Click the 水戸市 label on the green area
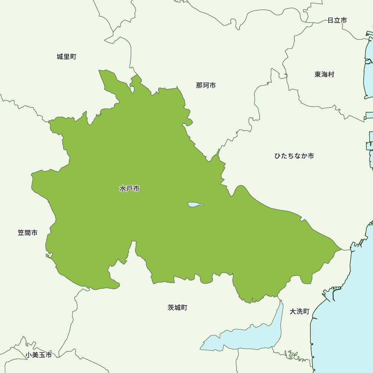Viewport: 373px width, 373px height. click(129, 189)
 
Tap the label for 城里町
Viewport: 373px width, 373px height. click(66, 57)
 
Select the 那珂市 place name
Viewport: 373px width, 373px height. click(206, 85)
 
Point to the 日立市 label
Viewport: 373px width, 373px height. click(337, 20)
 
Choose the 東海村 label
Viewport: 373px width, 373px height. click(324, 75)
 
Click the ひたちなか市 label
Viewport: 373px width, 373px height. click(294, 156)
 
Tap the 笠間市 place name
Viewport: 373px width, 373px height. click(28, 233)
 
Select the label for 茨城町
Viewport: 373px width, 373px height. click(178, 308)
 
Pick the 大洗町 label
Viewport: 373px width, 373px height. click(300, 311)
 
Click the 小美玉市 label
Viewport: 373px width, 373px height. click(39, 355)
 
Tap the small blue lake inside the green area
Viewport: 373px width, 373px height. click(195, 204)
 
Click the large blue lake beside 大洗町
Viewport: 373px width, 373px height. click(246, 338)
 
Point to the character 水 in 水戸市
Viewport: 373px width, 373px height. click(123, 189)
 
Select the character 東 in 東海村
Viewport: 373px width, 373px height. click(318, 75)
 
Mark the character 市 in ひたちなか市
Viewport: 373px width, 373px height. click(311, 156)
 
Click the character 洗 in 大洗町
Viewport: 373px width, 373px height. click(300, 311)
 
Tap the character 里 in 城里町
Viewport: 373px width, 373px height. click(66, 57)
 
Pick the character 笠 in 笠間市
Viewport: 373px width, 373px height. click(21, 233)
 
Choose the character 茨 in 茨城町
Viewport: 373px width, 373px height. click(171, 308)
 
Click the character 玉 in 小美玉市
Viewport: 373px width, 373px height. click(42, 355)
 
